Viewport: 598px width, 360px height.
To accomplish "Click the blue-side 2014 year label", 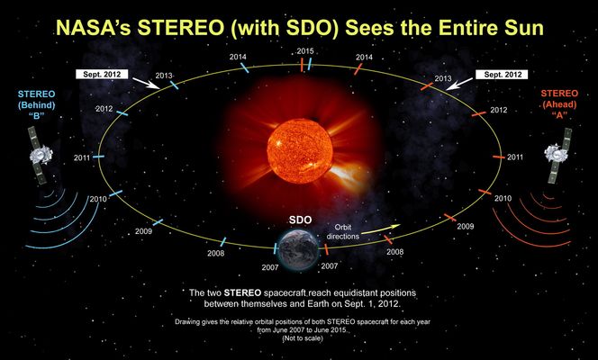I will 238,57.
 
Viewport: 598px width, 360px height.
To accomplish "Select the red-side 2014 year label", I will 365,57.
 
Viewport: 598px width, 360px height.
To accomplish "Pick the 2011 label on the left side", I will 80,157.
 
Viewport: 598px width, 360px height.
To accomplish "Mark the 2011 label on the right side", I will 515,157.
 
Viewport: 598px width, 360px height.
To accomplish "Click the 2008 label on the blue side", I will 215,253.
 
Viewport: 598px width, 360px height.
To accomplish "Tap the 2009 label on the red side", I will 465,227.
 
